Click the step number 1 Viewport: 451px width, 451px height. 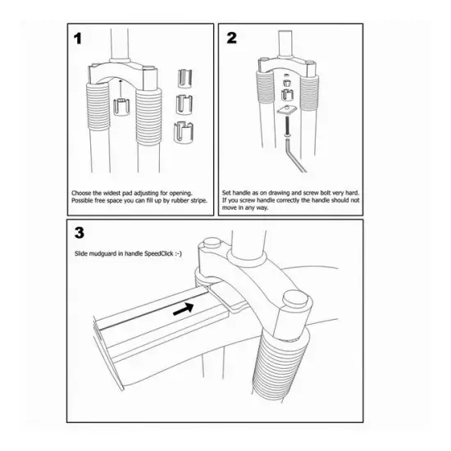(78, 39)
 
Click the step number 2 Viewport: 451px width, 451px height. (231, 38)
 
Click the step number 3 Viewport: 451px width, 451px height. (80, 233)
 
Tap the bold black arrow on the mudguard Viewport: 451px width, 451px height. (183, 308)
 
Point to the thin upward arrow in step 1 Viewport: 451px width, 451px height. (121, 89)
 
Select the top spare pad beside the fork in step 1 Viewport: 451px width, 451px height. (184, 78)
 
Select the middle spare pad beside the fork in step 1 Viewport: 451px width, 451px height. (184, 103)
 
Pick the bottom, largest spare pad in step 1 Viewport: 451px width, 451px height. (184, 133)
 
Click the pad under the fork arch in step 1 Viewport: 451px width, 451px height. (121, 107)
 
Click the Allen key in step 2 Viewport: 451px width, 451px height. (294, 156)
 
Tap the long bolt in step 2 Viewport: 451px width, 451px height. (287, 125)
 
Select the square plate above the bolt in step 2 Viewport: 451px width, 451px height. (287, 110)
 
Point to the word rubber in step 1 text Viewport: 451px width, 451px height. (180, 200)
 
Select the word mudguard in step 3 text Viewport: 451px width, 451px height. (103, 253)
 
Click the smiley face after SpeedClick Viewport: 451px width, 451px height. (178, 253)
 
